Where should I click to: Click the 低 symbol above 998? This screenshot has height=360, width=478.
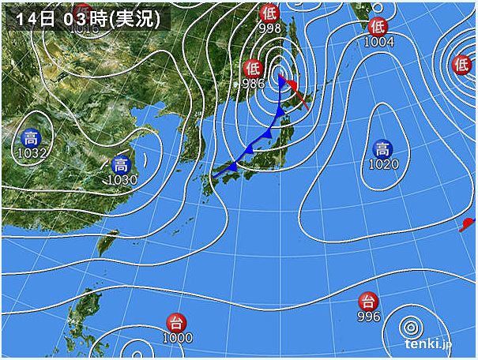pyautogui.click(x=269, y=13)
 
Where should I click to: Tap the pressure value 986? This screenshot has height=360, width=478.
pyautogui.click(x=253, y=82)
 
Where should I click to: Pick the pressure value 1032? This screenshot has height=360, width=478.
pyautogui.click(x=32, y=154)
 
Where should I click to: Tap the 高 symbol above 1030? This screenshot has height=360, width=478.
pyautogui.click(x=121, y=165)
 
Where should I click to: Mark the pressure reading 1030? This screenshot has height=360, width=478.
pyautogui.click(x=121, y=180)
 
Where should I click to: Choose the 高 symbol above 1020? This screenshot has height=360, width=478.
pyautogui.click(x=382, y=149)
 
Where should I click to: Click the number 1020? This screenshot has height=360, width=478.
pyautogui.click(x=382, y=164)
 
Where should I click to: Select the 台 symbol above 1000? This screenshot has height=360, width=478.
pyautogui.click(x=176, y=322)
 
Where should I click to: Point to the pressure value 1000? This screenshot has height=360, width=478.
pyautogui.click(x=176, y=337)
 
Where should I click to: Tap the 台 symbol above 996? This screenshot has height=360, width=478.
pyautogui.click(x=367, y=301)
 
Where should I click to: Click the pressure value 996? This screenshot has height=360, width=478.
pyautogui.click(x=368, y=316)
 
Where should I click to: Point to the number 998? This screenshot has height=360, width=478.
pyautogui.click(x=269, y=28)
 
